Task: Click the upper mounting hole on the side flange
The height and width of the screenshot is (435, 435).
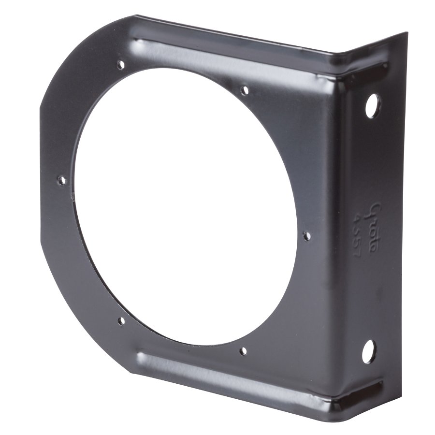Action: click(x=372, y=105)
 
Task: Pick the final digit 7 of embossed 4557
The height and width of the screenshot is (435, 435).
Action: click(x=358, y=253)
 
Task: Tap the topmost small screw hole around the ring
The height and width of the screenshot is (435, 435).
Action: click(x=120, y=64)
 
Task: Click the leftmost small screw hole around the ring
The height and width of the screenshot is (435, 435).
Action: click(x=61, y=180)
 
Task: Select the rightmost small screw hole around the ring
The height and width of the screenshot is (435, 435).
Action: click(x=306, y=236)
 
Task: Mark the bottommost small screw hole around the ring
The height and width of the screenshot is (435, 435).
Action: click(x=243, y=351)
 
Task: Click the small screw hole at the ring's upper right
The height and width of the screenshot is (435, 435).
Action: click(x=245, y=90)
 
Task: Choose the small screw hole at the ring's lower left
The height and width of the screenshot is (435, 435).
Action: click(x=121, y=320)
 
